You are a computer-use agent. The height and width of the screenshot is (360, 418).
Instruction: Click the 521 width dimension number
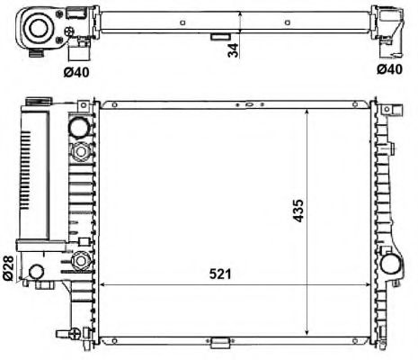tap(217, 273)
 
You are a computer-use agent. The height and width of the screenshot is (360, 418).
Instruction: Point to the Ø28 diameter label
tap(10, 268)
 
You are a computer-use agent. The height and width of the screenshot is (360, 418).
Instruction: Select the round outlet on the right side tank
tap(394, 265)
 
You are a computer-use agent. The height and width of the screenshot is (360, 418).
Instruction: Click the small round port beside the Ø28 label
tap(37, 272)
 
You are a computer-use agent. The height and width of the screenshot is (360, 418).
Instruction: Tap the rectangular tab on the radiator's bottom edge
tap(218, 342)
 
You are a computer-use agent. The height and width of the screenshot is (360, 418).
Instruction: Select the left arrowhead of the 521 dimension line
tap(104, 283)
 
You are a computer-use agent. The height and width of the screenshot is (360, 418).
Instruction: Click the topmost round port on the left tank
tap(78, 126)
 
